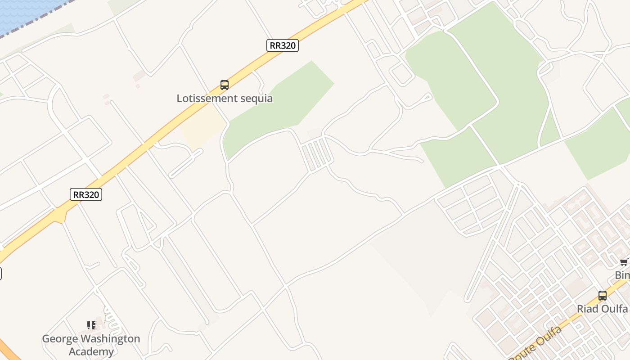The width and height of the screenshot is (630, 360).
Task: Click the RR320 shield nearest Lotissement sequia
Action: click(x=283, y=45)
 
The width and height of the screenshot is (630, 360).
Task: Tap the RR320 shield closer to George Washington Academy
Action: click(x=86, y=194)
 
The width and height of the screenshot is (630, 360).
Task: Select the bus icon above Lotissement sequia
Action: click(x=225, y=85)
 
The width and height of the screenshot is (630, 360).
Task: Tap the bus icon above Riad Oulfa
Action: click(x=603, y=296)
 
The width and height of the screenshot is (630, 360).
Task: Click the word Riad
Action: click(x=588, y=309)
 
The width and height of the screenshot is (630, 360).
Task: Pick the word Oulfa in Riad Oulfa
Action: click(x=615, y=309)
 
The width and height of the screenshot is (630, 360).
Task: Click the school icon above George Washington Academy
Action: click(x=91, y=325)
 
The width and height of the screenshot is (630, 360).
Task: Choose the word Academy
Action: click(x=91, y=351)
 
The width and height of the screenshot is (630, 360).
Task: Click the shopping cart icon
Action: click(x=624, y=262)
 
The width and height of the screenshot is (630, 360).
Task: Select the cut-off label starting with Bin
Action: click(x=622, y=275)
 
